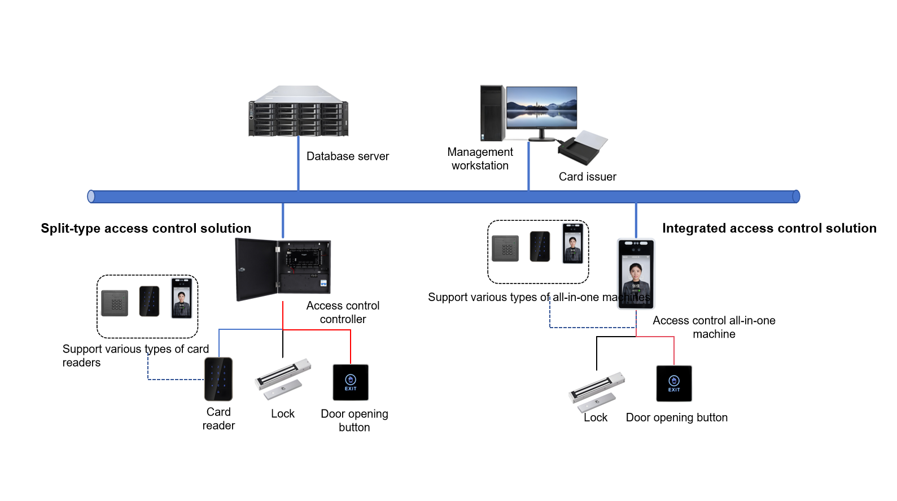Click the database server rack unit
(x=298, y=112)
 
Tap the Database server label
(x=347, y=156)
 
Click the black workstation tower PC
(x=492, y=113)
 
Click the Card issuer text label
(x=587, y=177)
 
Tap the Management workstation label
(x=480, y=159)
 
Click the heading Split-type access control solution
(x=146, y=228)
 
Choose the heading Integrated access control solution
(x=769, y=228)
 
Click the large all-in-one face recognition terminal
(x=636, y=274)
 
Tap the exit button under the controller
(x=351, y=382)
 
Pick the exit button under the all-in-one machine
(x=673, y=384)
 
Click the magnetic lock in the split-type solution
(x=282, y=378)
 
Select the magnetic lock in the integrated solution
(x=596, y=391)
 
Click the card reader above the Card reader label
(x=218, y=379)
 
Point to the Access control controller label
(x=343, y=312)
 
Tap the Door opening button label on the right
(x=676, y=418)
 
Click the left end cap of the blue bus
(x=91, y=197)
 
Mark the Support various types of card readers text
(x=135, y=356)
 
